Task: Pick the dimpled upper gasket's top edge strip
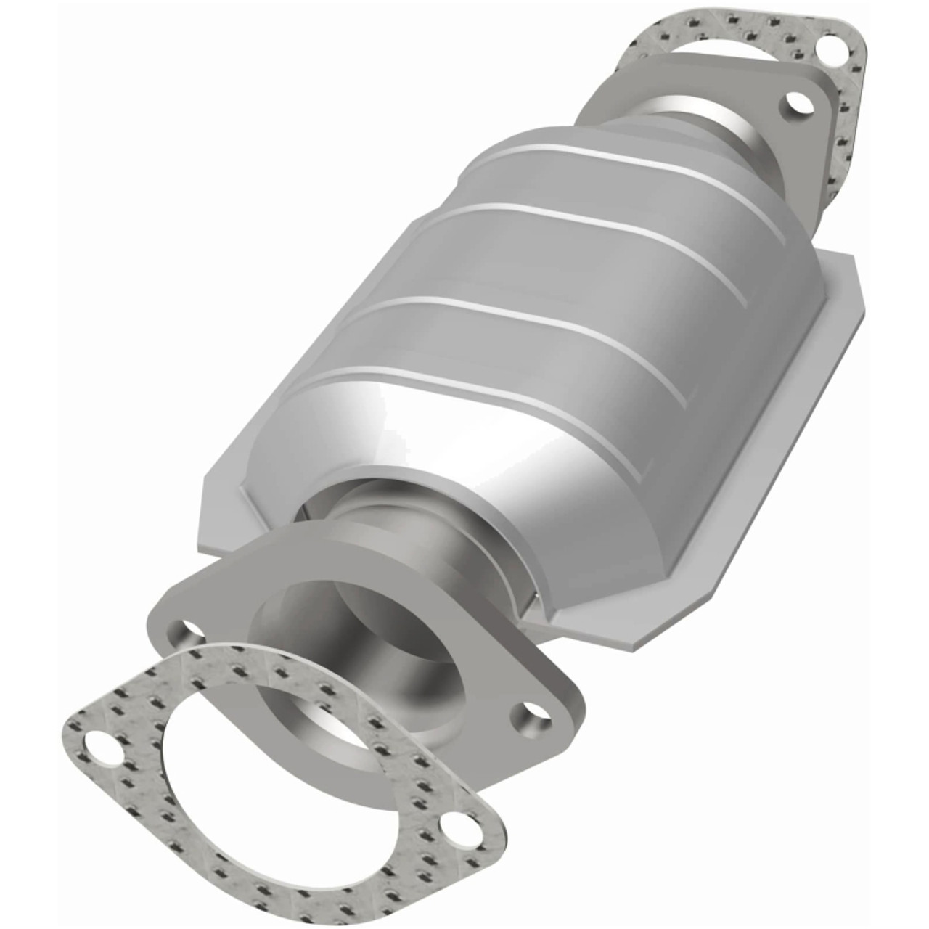point(726,18)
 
